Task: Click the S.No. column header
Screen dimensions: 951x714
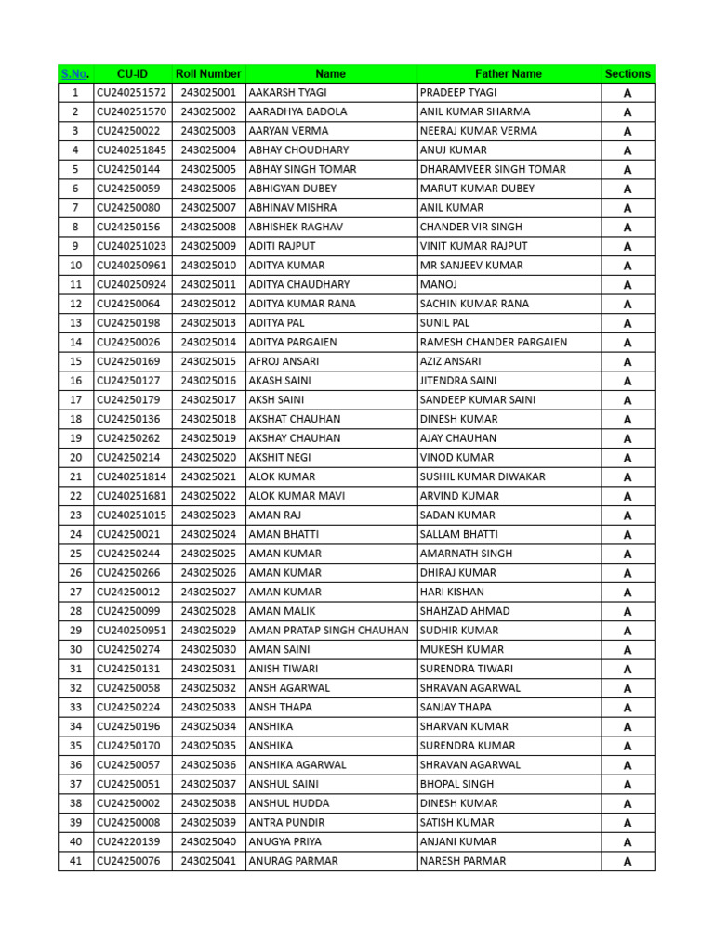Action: click(x=75, y=73)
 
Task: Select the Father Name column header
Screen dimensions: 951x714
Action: click(x=509, y=73)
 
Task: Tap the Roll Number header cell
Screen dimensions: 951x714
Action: click(x=209, y=73)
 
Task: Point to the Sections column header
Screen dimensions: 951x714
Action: click(x=628, y=73)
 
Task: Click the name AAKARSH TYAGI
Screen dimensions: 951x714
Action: click(x=287, y=93)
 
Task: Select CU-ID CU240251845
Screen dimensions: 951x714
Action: click(x=131, y=150)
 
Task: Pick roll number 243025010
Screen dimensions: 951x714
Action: click(x=209, y=266)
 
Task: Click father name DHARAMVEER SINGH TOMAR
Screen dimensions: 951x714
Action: click(x=493, y=170)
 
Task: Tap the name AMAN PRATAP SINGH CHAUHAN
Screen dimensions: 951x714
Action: click(x=328, y=631)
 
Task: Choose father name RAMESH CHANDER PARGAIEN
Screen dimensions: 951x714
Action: click(x=494, y=343)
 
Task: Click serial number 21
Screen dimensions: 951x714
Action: click(x=75, y=477)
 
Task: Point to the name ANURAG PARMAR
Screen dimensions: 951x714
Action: click(x=293, y=861)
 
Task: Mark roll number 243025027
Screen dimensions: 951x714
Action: click(x=209, y=593)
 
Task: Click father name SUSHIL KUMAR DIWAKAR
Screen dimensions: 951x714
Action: click(x=483, y=477)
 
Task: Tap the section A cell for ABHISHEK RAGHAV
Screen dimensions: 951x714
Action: click(x=628, y=228)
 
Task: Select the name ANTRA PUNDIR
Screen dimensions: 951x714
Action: click(x=286, y=823)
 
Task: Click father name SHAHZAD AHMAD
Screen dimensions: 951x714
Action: click(x=465, y=611)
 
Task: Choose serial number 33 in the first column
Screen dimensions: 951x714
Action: click(x=75, y=708)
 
